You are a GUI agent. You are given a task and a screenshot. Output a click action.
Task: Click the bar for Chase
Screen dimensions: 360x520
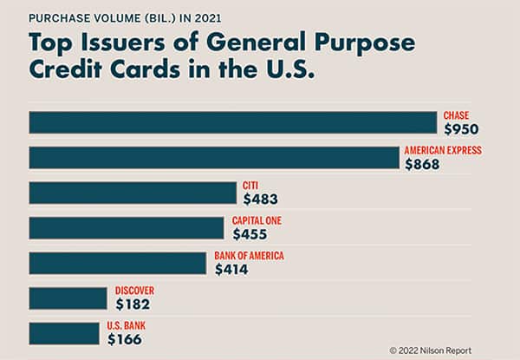pyautogui.click(x=232, y=122)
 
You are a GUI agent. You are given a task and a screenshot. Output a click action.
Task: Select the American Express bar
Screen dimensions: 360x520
pyautogui.click(x=214, y=157)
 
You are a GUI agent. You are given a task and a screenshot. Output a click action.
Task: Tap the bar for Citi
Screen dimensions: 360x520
pyautogui.click(x=132, y=193)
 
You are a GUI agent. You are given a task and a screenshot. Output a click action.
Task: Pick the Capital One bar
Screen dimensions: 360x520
pyautogui.click(x=127, y=227)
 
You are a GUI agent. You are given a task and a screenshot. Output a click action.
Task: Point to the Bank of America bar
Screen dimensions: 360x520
pyautogui.click(x=119, y=263)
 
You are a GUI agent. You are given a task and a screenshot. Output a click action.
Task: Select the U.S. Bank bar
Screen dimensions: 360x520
pyautogui.click(x=64, y=333)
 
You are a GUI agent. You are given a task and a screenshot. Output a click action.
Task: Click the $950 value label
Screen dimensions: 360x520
pyautogui.click(x=461, y=129)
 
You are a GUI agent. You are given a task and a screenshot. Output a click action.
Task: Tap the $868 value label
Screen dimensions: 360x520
pyautogui.click(x=423, y=164)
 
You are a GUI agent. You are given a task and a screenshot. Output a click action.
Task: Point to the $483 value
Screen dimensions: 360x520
pyautogui.click(x=261, y=200)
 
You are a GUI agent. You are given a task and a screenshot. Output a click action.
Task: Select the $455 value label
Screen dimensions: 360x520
pyautogui.click(x=250, y=234)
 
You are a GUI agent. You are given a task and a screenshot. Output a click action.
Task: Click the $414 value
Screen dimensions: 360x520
pyautogui.click(x=231, y=270)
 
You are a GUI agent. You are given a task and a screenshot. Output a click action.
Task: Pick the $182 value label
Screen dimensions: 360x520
pyautogui.click(x=133, y=304)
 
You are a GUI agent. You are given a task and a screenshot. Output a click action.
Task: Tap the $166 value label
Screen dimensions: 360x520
pyautogui.click(x=125, y=340)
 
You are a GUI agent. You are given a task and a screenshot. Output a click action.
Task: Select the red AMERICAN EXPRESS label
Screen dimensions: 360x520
pyautogui.click(x=442, y=150)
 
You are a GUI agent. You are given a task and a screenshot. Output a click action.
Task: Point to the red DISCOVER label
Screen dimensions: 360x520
pyautogui.click(x=134, y=291)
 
